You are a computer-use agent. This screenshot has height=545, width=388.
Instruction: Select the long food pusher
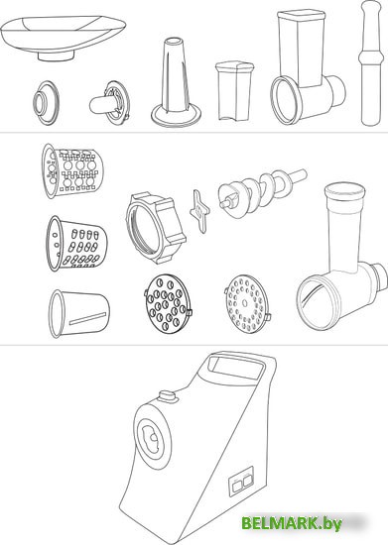[x=371, y=63]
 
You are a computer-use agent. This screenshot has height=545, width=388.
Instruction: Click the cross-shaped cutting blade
[x=199, y=211]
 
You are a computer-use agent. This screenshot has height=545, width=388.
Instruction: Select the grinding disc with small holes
[x=248, y=303]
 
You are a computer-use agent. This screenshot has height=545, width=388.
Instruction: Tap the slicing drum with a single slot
[x=79, y=314]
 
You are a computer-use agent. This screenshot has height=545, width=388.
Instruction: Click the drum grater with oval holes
[x=76, y=244]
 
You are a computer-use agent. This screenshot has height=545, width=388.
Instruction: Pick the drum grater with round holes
[x=72, y=171]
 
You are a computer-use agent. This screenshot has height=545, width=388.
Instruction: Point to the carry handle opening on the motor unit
[x=236, y=369]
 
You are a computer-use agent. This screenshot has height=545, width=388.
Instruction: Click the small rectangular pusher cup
[x=234, y=91]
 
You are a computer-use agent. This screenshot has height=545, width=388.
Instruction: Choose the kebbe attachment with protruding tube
[x=110, y=102]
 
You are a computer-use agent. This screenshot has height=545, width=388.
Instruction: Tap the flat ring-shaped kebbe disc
[x=47, y=103]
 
